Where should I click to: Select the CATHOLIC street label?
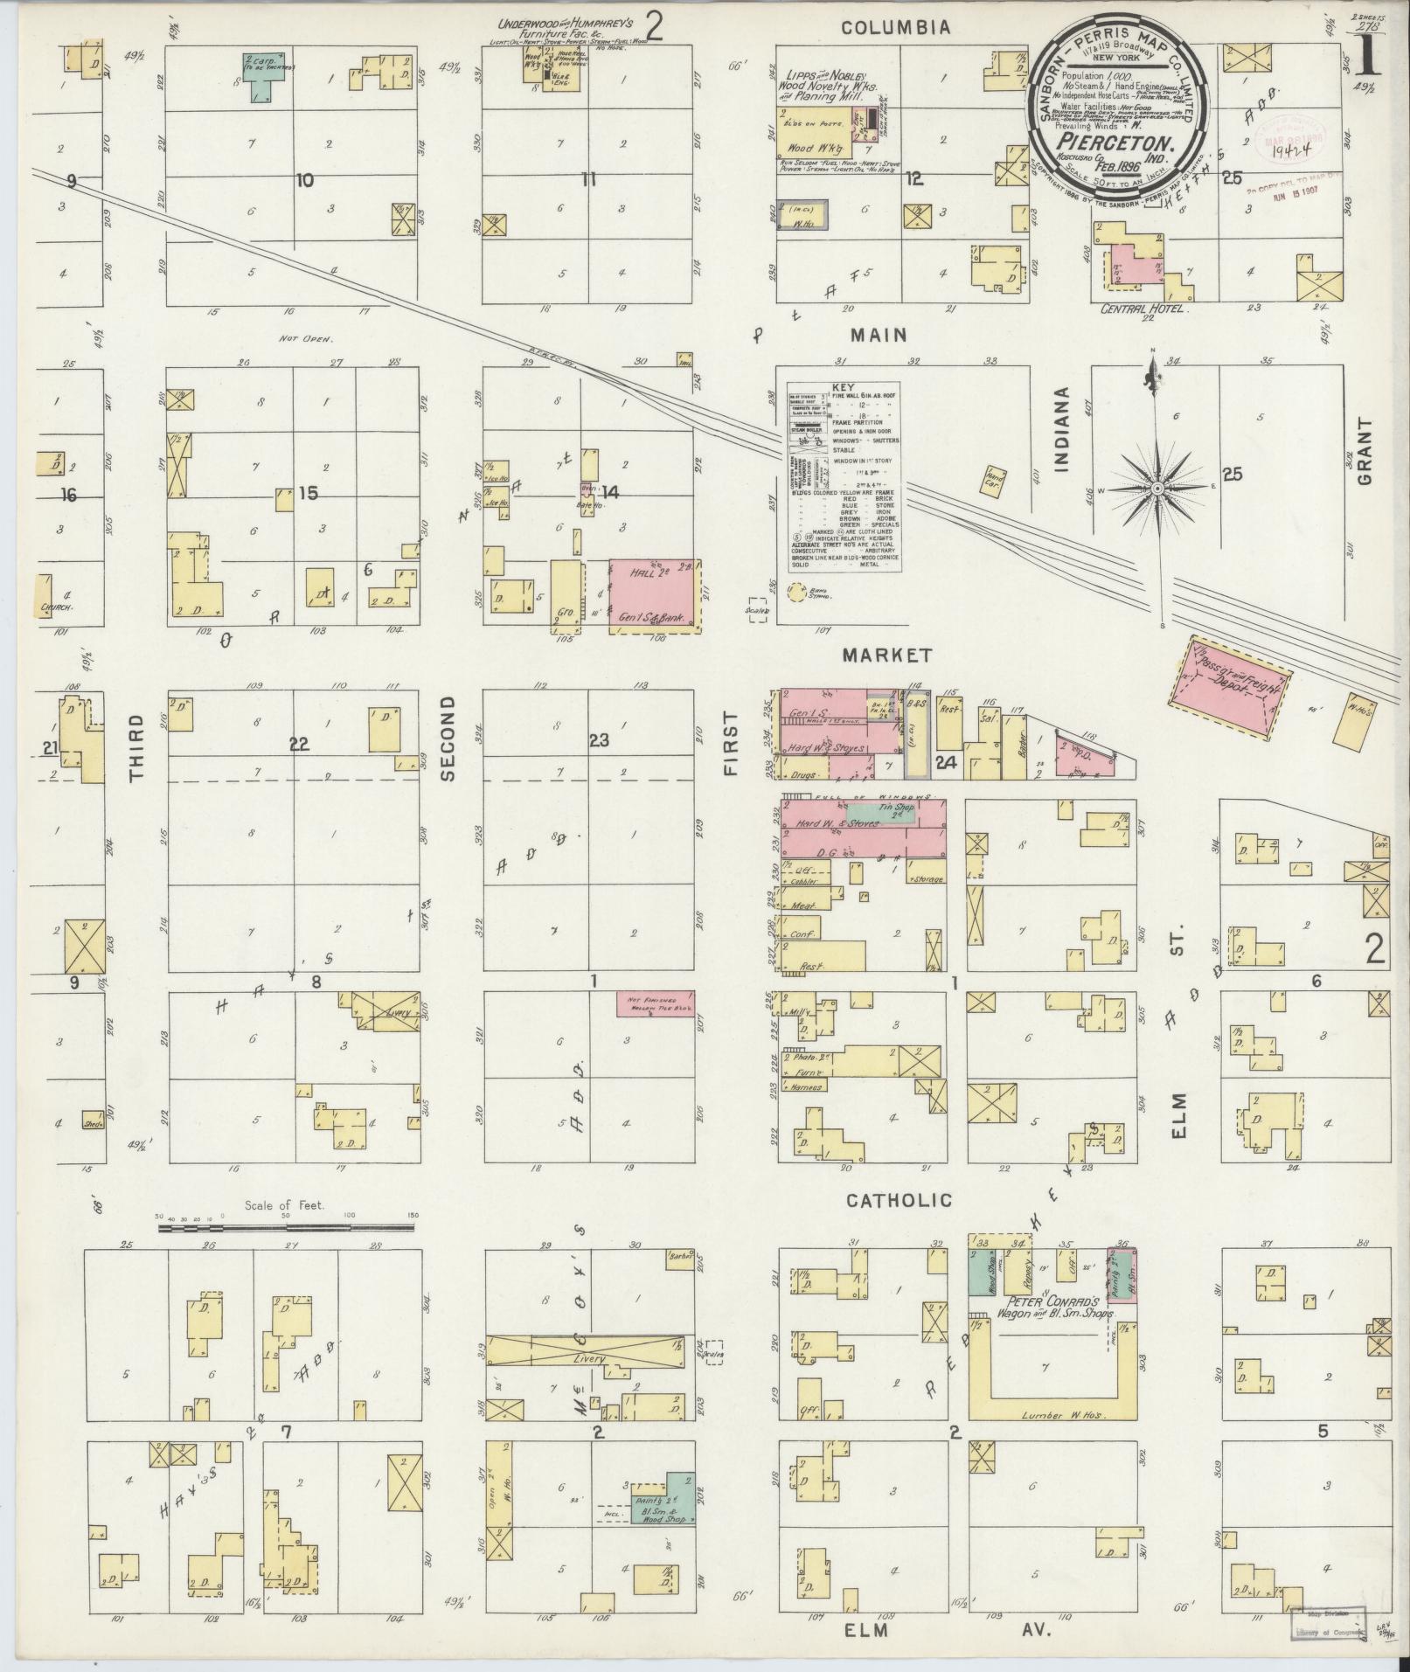tap(898, 1200)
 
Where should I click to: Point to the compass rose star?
tap(1156, 488)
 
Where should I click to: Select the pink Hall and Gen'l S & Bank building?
tap(654, 595)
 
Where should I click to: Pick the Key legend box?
tap(844, 477)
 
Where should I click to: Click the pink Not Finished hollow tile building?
tap(656, 1003)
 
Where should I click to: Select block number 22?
tap(300, 744)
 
